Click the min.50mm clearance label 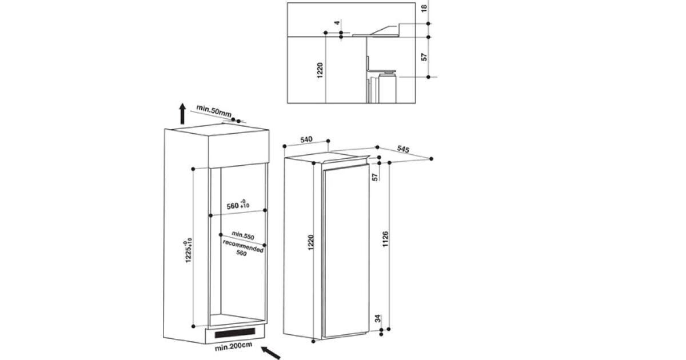pyautogui.click(x=214, y=111)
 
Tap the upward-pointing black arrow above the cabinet pyautogui.click(x=182, y=114)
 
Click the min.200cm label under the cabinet pyautogui.click(x=233, y=346)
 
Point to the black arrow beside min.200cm pyautogui.click(x=270, y=353)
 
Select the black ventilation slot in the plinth pyautogui.click(x=235, y=333)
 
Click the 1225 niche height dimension pyautogui.click(x=188, y=250)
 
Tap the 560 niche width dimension pyautogui.click(x=238, y=205)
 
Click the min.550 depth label pyautogui.click(x=243, y=235)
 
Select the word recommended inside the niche pyautogui.click(x=243, y=246)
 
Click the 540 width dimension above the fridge pyautogui.click(x=306, y=139)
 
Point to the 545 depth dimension pyautogui.click(x=403, y=149)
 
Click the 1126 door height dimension pyautogui.click(x=385, y=239)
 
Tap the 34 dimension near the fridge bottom pyautogui.click(x=378, y=318)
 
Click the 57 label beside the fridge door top pyautogui.click(x=375, y=177)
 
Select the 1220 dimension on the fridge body pyautogui.click(x=311, y=242)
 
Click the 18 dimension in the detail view pyautogui.click(x=424, y=9)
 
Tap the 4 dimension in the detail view pyautogui.click(x=337, y=23)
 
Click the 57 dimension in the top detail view pyautogui.click(x=424, y=57)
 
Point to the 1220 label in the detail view pyautogui.click(x=320, y=70)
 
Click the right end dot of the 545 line pyautogui.click(x=432, y=159)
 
